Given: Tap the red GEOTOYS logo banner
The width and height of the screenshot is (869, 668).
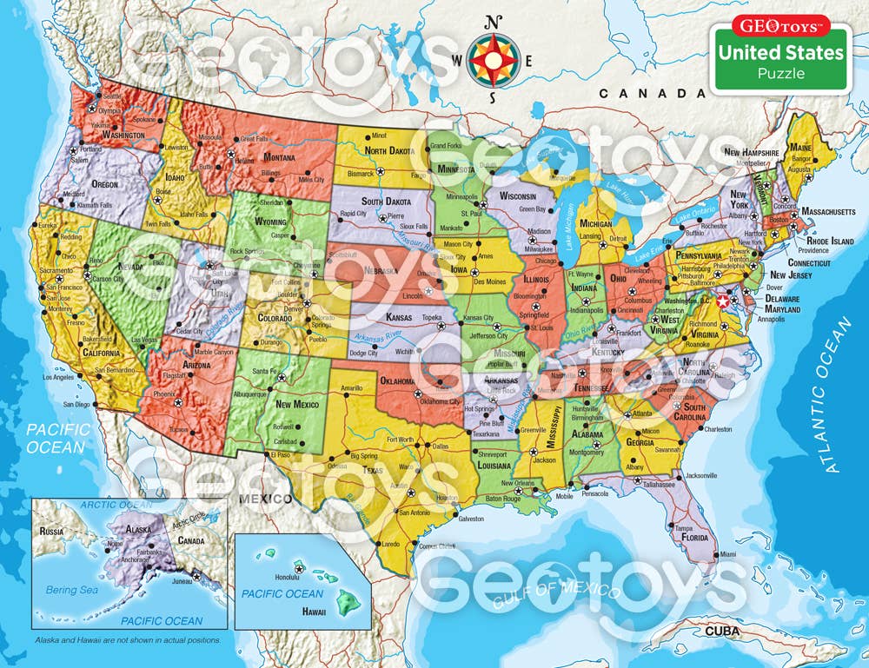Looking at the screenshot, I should pyautogui.click(x=779, y=24).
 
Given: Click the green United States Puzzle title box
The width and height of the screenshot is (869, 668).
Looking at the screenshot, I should pyautogui.click(x=779, y=61).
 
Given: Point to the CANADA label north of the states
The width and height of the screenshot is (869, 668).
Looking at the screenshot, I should pyautogui.click(x=639, y=93).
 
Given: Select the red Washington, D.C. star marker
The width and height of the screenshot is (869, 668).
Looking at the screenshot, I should pyautogui.click(x=726, y=301).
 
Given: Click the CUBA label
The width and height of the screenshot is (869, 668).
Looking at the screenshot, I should pyautogui.click(x=727, y=632).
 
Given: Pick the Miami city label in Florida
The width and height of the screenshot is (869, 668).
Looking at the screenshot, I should pyautogui.click(x=727, y=554).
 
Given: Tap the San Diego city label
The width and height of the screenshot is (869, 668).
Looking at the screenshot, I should pyautogui.click(x=76, y=405).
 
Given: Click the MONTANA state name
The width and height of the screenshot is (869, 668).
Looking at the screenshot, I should pyautogui.click(x=280, y=157).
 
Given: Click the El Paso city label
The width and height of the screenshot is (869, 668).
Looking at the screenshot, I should pyautogui.click(x=279, y=454).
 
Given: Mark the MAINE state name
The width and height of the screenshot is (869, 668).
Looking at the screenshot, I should pyautogui.click(x=800, y=149).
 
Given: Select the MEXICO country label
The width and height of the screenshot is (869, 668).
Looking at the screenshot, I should pyautogui.click(x=266, y=499).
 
